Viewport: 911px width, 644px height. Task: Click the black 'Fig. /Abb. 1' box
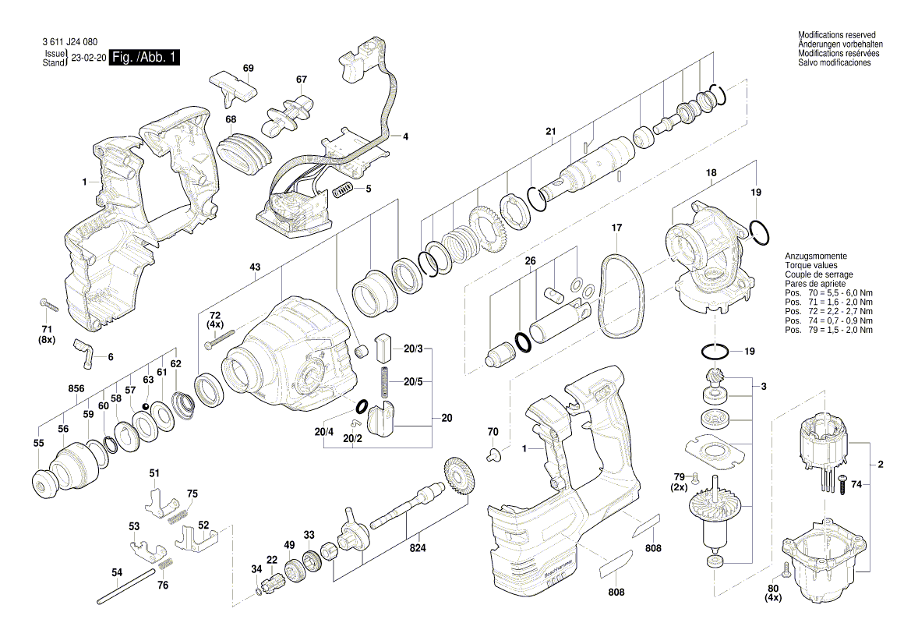click(x=145, y=58)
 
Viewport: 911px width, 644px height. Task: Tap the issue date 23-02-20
click(x=88, y=58)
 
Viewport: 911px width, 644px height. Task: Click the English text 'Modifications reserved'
click(x=836, y=35)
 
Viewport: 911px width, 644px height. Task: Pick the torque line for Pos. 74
click(x=828, y=320)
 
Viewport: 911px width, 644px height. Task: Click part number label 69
click(x=248, y=69)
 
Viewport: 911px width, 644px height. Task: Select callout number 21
click(x=550, y=131)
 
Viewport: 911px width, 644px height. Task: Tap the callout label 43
click(x=255, y=267)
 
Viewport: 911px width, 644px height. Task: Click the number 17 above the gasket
click(x=616, y=228)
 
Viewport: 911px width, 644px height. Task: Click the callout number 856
click(x=76, y=387)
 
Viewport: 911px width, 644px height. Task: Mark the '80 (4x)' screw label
click(x=773, y=593)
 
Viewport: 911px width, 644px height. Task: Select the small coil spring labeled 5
click(x=343, y=189)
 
